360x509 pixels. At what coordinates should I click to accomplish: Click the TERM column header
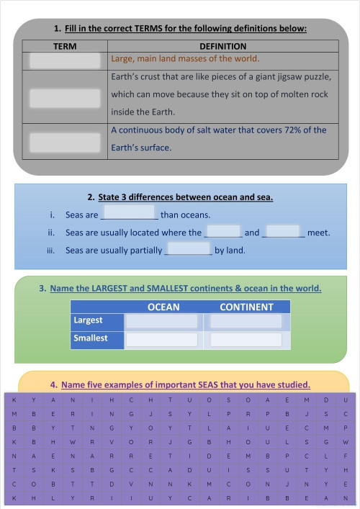pyautogui.click(x=66, y=45)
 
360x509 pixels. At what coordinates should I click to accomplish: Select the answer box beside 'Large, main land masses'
pyautogui.click(x=66, y=60)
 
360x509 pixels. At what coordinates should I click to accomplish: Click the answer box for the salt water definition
pyautogui.click(x=66, y=142)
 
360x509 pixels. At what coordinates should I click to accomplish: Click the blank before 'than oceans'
pyautogui.click(x=130, y=215)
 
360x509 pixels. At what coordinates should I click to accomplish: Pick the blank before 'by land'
pyautogui.click(x=188, y=251)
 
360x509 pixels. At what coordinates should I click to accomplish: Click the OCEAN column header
pyautogui.click(x=163, y=307)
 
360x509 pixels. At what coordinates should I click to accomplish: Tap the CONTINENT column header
pyautogui.click(x=246, y=307)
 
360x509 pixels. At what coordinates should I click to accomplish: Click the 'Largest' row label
pyautogui.click(x=89, y=320)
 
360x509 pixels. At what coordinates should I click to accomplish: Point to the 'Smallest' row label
pyautogui.click(x=90, y=338)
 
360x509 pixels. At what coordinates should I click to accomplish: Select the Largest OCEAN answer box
pyautogui.click(x=162, y=321)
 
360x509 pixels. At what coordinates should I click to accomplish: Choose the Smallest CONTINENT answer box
pyautogui.click(x=246, y=339)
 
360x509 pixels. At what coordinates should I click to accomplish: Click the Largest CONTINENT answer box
pyautogui.click(x=246, y=321)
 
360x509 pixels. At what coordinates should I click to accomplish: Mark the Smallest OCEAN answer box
pyautogui.click(x=162, y=339)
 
